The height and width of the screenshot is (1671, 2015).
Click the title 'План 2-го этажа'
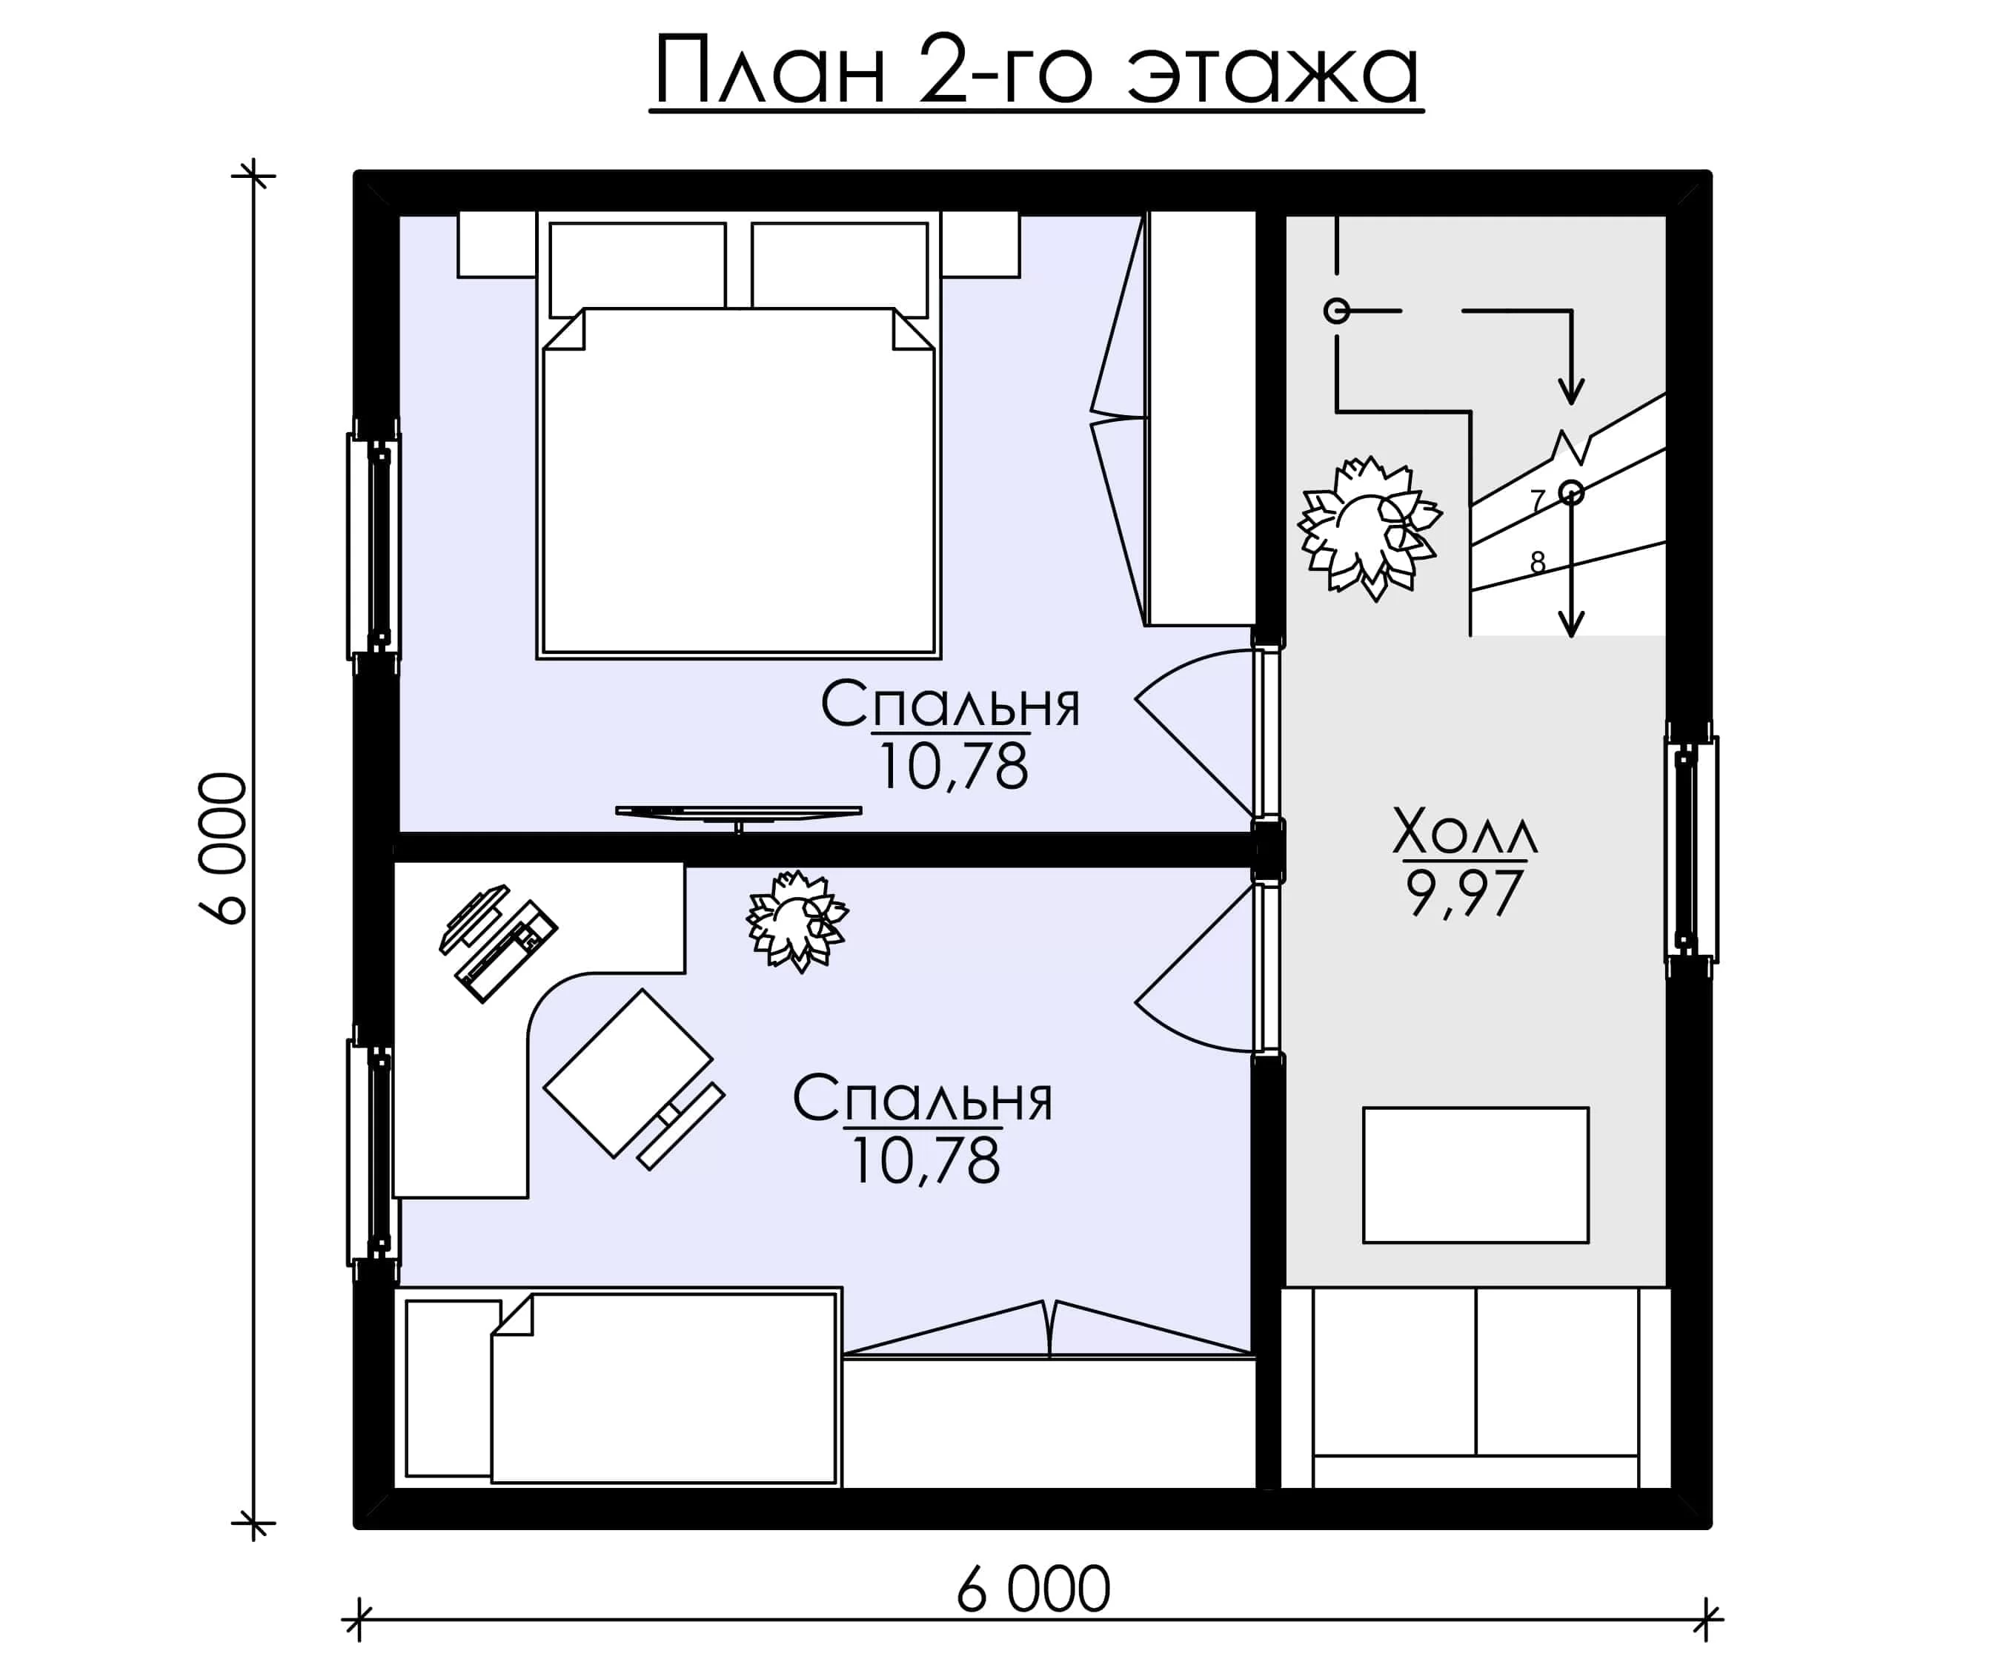[x=1036, y=71]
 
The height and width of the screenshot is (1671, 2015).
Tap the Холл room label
[x=1464, y=831]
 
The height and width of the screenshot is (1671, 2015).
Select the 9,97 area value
[x=1464, y=893]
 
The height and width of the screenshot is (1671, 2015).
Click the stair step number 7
[x=1537, y=501]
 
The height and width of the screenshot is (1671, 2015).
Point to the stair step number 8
[x=1538, y=563]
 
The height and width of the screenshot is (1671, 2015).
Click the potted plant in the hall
[x=1370, y=528]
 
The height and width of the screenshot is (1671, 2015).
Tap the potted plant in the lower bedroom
[x=797, y=921]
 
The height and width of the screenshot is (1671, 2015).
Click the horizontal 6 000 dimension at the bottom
[x=1033, y=1589]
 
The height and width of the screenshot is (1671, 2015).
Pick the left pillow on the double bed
[x=637, y=270]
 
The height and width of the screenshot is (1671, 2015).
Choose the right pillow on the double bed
[x=840, y=270]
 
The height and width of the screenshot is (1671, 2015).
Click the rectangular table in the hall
[x=1475, y=1176]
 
